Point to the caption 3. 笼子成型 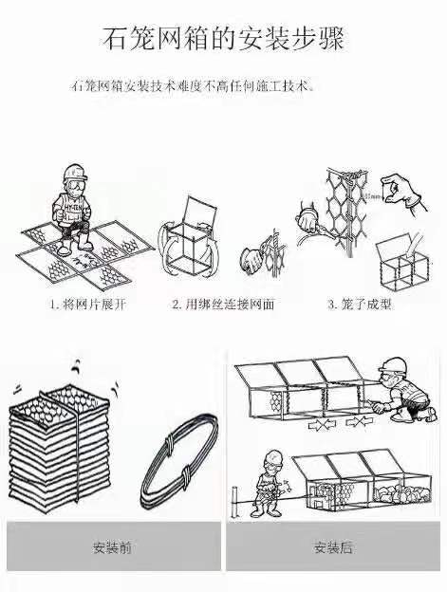pos(359,305)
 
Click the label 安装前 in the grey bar pos(112,547)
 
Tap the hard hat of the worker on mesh pos(74,174)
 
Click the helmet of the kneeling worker pos(392,365)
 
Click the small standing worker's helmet pos(273,456)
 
